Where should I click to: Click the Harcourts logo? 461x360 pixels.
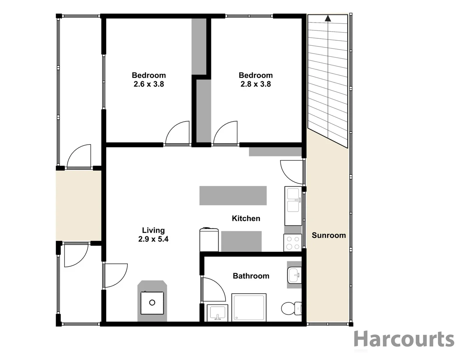pyautogui.click(x=404, y=339)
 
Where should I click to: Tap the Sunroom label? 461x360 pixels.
pyautogui.click(x=329, y=235)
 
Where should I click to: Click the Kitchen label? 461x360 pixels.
pyautogui.click(x=246, y=218)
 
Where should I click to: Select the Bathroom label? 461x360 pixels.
pyautogui.click(x=251, y=276)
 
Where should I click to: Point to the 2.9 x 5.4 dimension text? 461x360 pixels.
pyautogui.click(x=153, y=239)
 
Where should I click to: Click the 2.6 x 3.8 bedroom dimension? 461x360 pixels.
pyautogui.click(x=149, y=84)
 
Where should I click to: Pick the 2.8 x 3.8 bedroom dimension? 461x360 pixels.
pyautogui.click(x=256, y=84)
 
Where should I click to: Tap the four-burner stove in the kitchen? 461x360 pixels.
pyautogui.click(x=293, y=243)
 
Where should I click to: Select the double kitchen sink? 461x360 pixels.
pyautogui.click(x=293, y=200)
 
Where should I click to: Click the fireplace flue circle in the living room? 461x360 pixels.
pyautogui.click(x=152, y=303)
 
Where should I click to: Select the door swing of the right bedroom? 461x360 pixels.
pyautogui.click(x=226, y=133)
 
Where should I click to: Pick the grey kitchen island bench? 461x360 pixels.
pyautogui.click(x=233, y=196)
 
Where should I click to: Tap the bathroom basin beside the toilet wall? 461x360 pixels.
pyautogui.click(x=293, y=275)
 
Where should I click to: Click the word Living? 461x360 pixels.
pyautogui.click(x=153, y=230)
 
